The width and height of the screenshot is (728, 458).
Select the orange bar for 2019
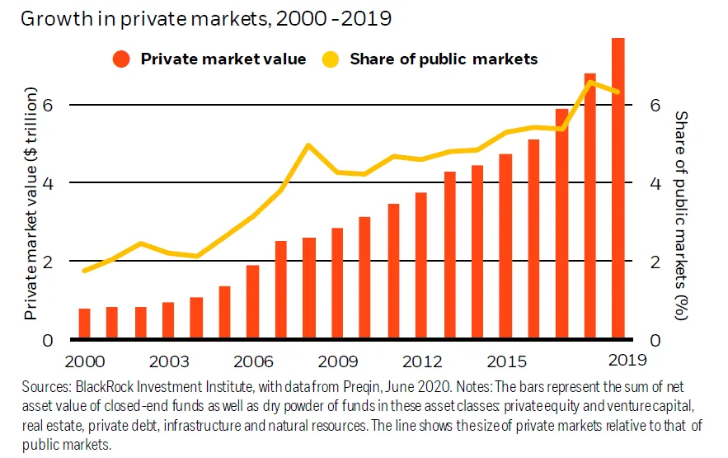tap(618, 190)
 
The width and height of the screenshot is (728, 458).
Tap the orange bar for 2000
tap(84, 323)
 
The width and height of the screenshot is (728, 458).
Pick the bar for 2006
tap(253, 302)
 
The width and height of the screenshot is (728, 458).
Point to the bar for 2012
tap(421, 266)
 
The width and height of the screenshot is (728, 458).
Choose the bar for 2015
tap(505, 247)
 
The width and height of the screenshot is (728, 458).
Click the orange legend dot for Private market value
tap(122, 59)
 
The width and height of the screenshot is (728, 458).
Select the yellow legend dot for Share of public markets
tap(330, 59)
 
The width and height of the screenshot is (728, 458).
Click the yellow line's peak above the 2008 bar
tap(308, 145)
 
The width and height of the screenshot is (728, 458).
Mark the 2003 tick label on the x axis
tap(169, 361)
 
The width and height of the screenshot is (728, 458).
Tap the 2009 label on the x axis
tap(337, 361)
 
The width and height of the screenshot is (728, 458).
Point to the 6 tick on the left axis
tap(47, 105)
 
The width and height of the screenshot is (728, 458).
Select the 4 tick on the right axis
tap(655, 183)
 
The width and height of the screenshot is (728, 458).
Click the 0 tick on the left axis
tap(47, 340)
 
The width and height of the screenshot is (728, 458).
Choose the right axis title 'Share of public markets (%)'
tap(681, 215)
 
